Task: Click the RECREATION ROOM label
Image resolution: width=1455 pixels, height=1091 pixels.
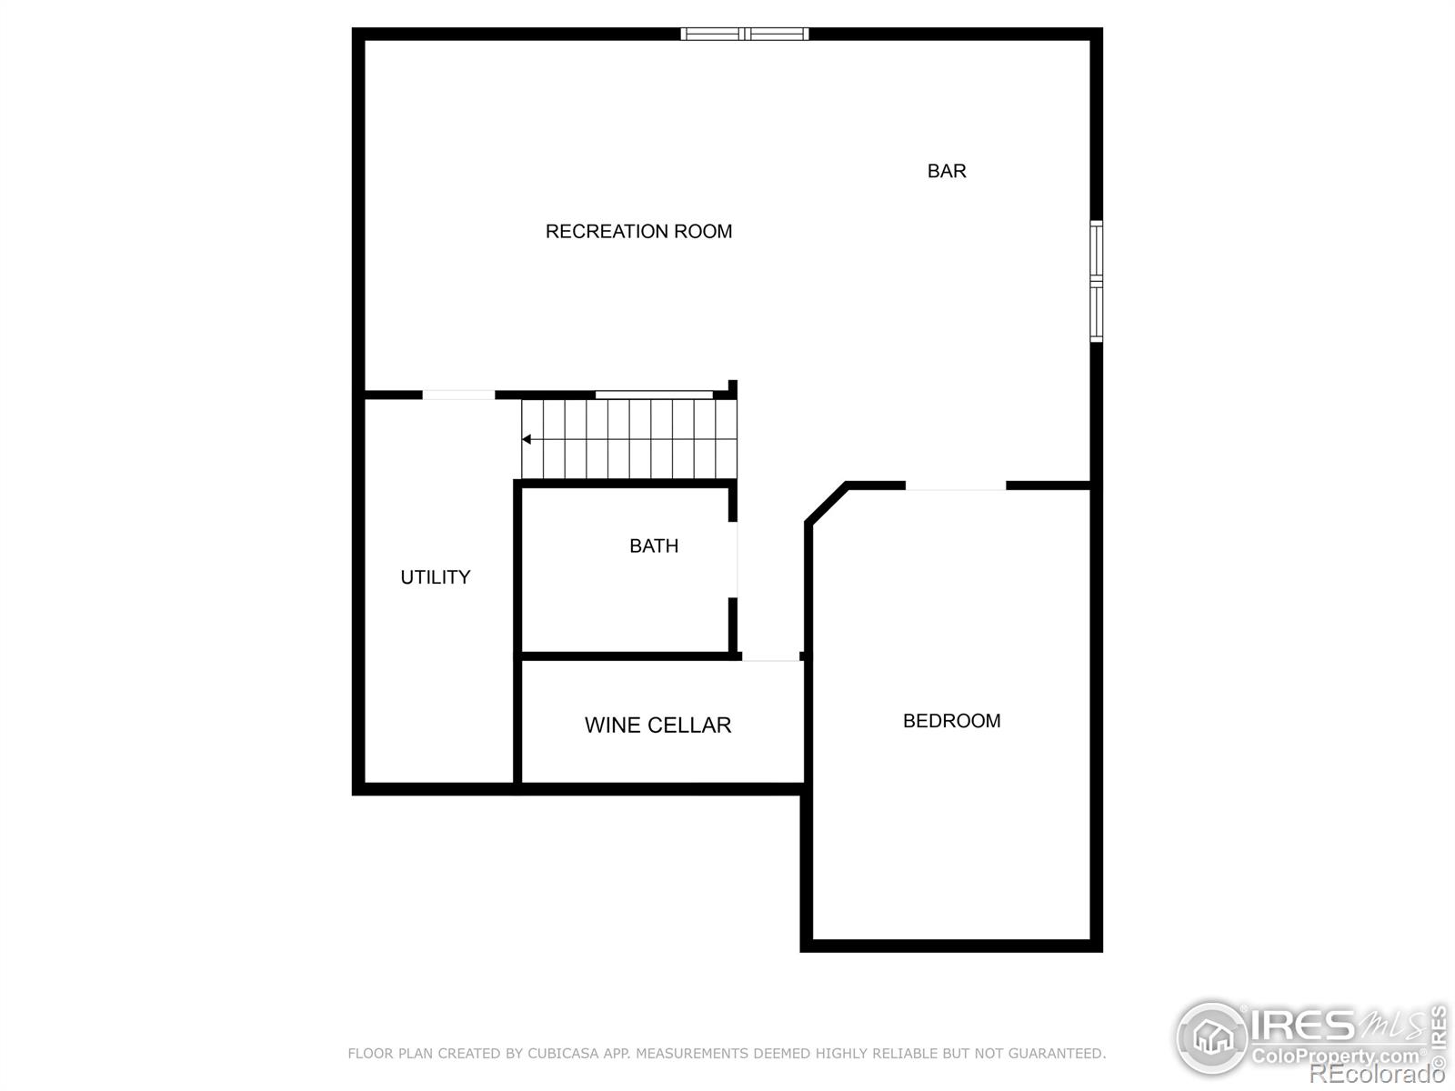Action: pos(638,232)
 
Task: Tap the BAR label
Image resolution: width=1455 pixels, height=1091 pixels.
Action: pos(947,171)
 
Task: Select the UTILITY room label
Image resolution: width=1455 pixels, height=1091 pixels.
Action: pos(436,577)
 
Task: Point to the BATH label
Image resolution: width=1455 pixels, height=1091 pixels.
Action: pos(654,545)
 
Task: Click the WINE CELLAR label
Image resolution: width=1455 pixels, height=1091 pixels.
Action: pos(657,726)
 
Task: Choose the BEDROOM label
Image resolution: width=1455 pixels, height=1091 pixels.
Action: pos(951,721)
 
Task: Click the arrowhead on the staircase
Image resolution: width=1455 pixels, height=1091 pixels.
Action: pos(527,440)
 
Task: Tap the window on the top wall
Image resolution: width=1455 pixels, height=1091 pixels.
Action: pos(745,35)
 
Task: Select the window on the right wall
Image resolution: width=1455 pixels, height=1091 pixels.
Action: pos(1097,281)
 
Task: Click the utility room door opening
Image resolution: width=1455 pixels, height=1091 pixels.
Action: pos(458,395)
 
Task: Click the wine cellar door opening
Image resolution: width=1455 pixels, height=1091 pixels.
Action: pos(770,656)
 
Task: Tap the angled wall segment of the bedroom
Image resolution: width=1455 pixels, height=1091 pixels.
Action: pos(827,504)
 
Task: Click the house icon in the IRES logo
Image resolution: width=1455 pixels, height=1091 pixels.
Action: pos(1211,1036)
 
